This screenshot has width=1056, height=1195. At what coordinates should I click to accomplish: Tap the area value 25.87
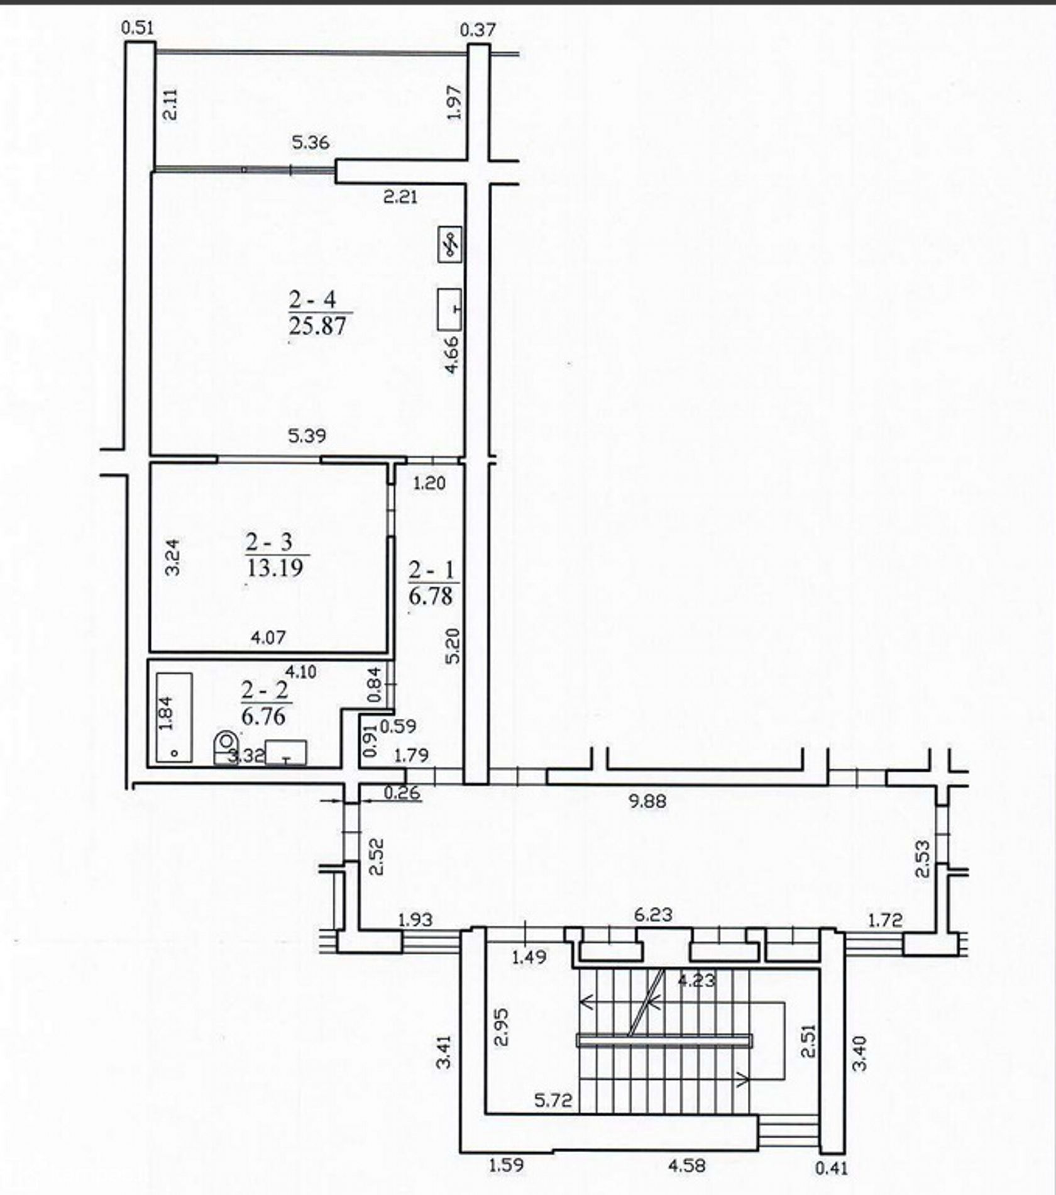click(317, 326)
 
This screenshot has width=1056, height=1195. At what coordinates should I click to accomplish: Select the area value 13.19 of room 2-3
click(275, 568)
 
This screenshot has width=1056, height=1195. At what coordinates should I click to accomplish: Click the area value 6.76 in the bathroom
click(263, 716)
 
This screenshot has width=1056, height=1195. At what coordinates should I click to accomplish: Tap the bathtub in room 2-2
click(174, 718)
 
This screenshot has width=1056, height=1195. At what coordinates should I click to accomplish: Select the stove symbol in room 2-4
click(449, 245)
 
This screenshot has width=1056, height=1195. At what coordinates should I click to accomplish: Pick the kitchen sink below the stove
click(449, 308)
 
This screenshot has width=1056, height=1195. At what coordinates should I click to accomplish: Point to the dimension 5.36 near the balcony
click(311, 143)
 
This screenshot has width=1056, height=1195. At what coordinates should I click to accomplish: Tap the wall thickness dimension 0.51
click(138, 28)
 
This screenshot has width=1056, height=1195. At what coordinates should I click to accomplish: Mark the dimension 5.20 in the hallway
click(452, 646)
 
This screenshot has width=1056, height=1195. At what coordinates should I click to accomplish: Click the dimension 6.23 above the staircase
click(653, 914)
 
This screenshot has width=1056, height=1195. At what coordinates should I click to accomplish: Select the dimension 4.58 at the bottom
click(686, 1165)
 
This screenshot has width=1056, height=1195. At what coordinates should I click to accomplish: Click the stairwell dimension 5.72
click(553, 1100)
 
